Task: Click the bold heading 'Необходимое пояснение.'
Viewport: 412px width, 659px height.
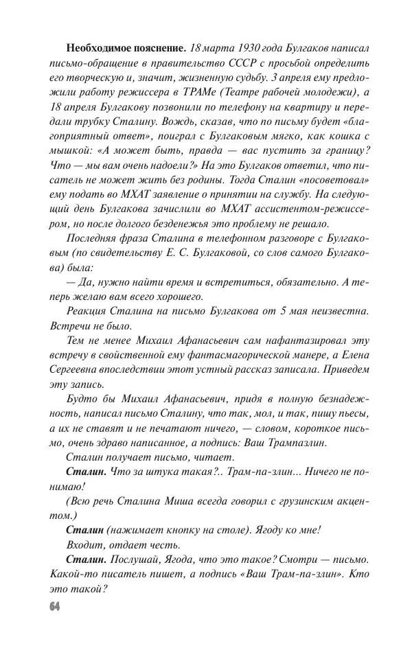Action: pos(126,49)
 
